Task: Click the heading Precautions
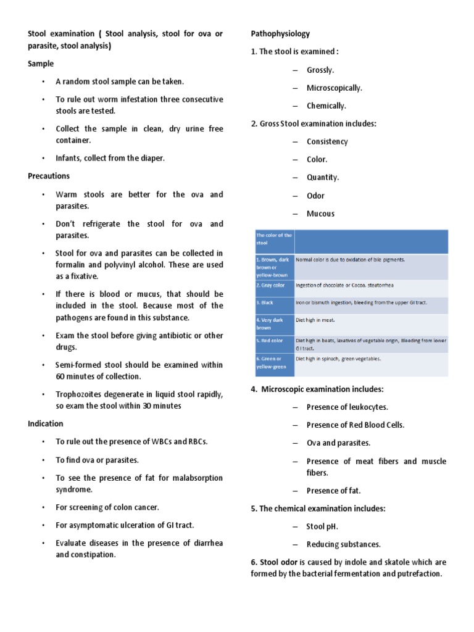[49, 176]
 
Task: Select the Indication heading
[46, 423]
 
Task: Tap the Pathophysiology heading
[280, 33]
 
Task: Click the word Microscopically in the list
[335, 88]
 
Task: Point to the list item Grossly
[320, 70]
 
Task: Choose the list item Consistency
[327, 141]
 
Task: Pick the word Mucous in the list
[320, 214]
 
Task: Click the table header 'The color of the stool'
[273, 239]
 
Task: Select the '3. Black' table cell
[265, 303]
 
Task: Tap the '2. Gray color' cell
[270, 285]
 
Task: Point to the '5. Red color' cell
[269, 340]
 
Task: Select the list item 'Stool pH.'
[322, 526]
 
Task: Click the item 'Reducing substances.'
[344, 544]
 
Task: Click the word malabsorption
[191, 478]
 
